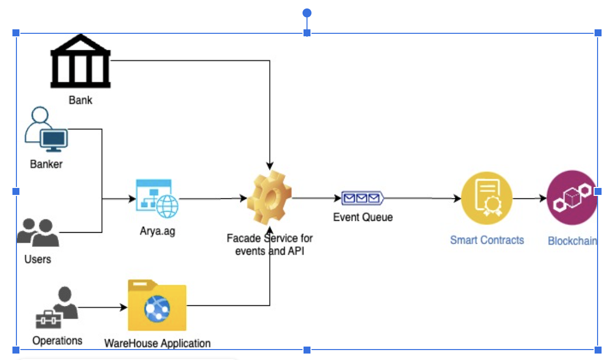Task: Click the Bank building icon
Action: tap(81, 62)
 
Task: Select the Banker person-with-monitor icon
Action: tap(46, 131)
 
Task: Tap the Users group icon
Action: tap(38, 233)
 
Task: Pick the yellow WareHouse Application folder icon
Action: tap(157, 306)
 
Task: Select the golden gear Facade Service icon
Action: tap(269, 198)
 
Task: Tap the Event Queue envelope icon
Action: tap(362, 198)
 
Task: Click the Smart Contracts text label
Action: tap(487, 240)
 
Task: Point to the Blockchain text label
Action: tap(572, 241)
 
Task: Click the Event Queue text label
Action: tap(363, 217)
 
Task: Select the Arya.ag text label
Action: tap(157, 231)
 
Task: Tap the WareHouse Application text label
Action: tap(157, 344)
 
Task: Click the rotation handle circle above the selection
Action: tap(307, 12)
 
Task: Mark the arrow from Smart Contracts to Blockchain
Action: tap(529, 198)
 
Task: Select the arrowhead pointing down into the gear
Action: tap(270, 166)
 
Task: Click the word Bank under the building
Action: tap(81, 100)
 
